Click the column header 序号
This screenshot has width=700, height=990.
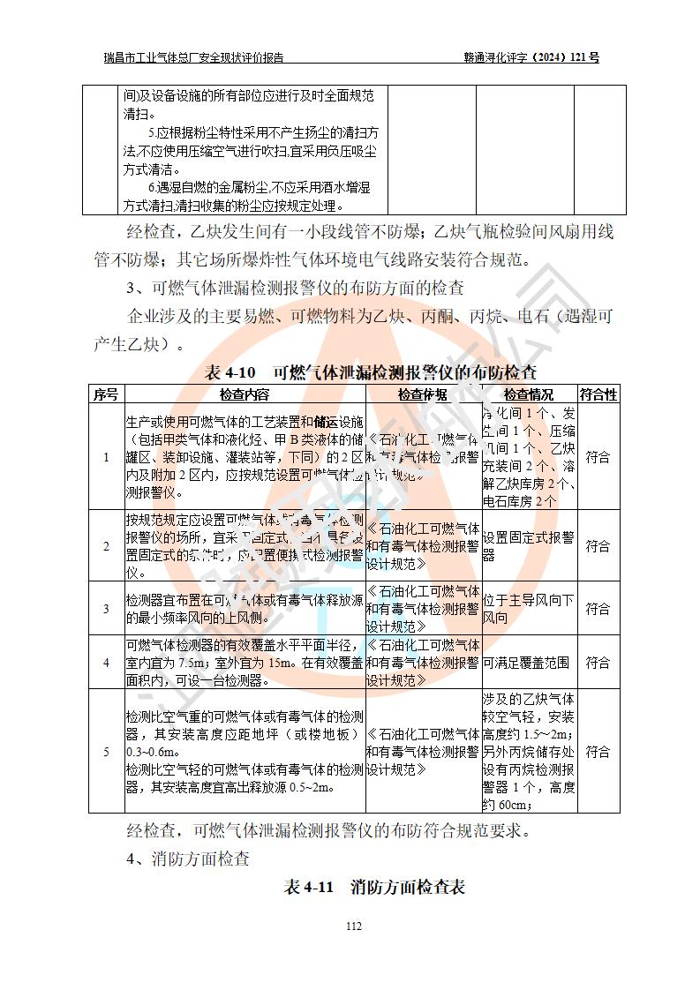[106, 394]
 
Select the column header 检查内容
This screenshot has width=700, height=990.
[245, 394]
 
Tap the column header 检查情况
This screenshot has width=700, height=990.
[528, 394]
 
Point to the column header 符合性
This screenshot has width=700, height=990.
[598, 394]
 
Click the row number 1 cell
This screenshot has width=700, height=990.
[106, 457]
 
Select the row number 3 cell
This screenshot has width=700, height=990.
[106, 609]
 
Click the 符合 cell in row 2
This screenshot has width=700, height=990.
[598, 546]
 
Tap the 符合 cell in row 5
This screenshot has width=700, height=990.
[598, 752]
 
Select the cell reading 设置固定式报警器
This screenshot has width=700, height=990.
[528, 546]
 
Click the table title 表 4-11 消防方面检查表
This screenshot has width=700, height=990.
[373, 887]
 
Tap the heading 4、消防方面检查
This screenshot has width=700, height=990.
[188, 858]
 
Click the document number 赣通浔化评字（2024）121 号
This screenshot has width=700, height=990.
[531, 58]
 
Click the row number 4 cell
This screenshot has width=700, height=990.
[106, 663]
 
